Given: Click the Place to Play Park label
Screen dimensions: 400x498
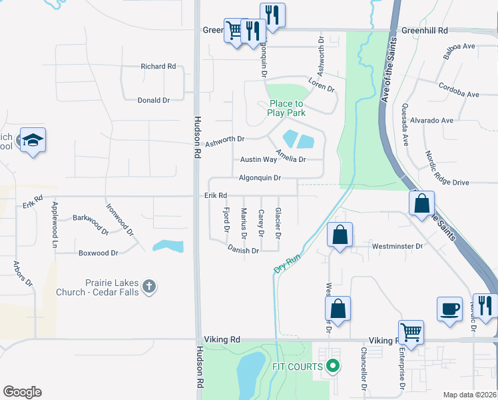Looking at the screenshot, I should pyautogui.click(x=286, y=108).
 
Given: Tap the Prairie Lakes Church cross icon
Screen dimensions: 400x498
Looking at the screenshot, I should pyautogui.click(x=149, y=287).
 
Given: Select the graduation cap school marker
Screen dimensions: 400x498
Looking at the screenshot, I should pyautogui.click(x=33, y=141).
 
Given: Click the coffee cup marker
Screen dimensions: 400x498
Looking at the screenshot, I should pyautogui.click(x=449, y=309).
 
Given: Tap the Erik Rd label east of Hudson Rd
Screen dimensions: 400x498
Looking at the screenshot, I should pyautogui.click(x=216, y=195).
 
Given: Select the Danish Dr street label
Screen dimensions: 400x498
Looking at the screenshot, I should pyautogui.click(x=243, y=251).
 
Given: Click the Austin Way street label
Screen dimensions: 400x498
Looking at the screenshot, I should pyautogui.click(x=258, y=159).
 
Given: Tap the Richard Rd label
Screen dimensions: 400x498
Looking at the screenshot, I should pyautogui.click(x=158, y=67).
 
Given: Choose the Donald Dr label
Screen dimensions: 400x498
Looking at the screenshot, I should pyautogui.click(x=154, y=100).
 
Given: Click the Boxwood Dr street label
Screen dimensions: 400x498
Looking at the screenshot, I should pyautogui.click(x=98, y=253).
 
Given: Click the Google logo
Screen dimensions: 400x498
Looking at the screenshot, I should pyautogui.click(x=22, y=392).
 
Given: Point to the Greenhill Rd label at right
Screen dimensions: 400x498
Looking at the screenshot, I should pyautogui.click(x=425, y=31).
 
